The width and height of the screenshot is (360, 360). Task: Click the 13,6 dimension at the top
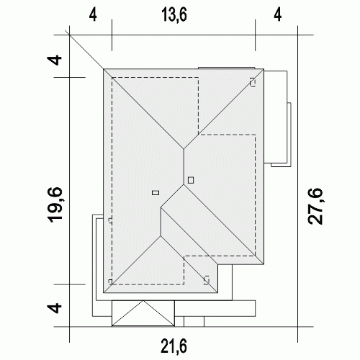point(174,15)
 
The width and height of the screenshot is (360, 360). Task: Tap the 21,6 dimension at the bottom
point(174,346)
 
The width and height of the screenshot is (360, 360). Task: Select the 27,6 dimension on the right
point(315,206)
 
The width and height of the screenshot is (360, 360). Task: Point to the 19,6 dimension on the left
point(55,204)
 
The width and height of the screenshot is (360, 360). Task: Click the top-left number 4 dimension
point(93,15)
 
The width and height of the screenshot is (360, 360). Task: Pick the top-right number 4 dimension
point(277,15)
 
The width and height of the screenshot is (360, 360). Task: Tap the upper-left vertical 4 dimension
point(55,60)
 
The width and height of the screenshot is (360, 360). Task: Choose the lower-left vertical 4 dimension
point(55,308)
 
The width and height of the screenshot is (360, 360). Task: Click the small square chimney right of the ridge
point(191,180)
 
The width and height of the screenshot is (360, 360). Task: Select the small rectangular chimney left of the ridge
point(156,192)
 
